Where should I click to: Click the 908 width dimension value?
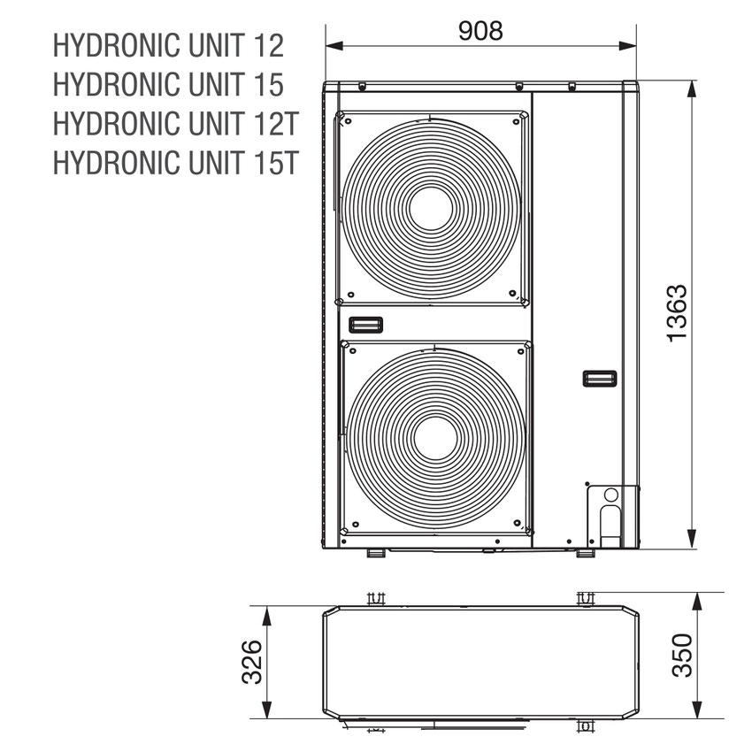coord(480,30)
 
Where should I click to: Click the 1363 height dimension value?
coord(677,313)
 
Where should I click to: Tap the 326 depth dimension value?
coord(251,662)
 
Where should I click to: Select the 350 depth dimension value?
coord(680,656)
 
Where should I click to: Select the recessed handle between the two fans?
coord(364,323)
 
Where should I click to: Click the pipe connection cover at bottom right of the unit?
coord(609,513)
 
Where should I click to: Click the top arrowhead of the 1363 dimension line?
coord(694,88)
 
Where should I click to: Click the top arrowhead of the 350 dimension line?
coord(697,600)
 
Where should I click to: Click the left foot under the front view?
coord(375,553)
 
